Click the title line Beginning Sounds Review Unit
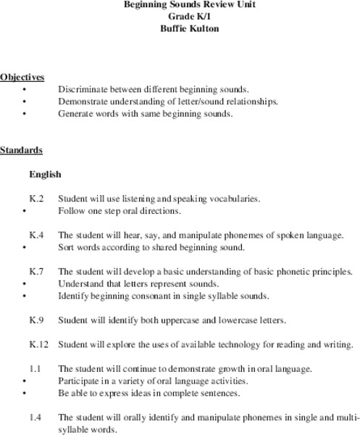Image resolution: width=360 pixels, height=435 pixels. pos(179,5)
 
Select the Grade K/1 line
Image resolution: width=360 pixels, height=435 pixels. pos(179,17)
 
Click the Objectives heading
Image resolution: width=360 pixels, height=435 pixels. pos(22,77)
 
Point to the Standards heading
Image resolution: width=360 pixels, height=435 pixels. pos(21,150)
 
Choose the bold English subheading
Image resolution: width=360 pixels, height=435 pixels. pos(45,175)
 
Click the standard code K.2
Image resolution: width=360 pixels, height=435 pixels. pos(37,198)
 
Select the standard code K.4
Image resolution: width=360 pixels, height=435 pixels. pos(37,235)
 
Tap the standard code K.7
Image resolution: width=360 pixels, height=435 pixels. pos(37,272)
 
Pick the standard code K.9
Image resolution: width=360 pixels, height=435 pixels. pos(37,319)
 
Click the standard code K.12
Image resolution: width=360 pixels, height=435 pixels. pos(39,344)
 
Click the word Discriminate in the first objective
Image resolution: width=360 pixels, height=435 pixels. pos(83,89)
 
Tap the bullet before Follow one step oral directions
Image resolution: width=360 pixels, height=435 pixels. pos(25,211)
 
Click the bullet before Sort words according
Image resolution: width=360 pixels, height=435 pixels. pos(25,248)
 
